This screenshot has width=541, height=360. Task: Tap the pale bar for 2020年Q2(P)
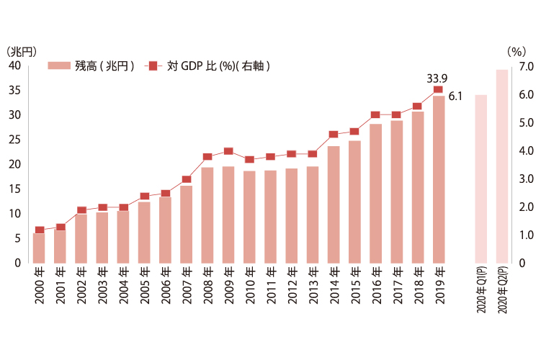502,166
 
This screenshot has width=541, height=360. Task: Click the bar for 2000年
39,248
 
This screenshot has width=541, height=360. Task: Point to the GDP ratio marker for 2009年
228,151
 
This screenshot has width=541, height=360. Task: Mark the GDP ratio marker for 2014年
334,134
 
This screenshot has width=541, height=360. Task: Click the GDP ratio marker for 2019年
439,89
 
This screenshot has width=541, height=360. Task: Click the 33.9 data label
437,78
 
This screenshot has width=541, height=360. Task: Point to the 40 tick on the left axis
14,66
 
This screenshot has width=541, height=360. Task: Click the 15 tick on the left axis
14,189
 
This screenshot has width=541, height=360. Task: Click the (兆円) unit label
20,51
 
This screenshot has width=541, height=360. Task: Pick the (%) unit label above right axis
517,51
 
